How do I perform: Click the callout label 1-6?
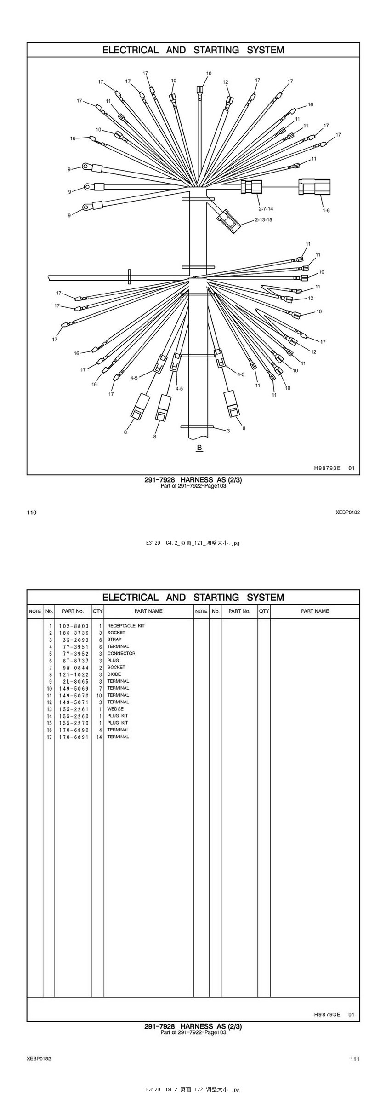tap(326, 210)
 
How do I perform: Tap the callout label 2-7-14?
tap(266, 209)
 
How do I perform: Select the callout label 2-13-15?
tap(263, 219)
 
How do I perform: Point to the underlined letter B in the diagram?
tap(199, 448)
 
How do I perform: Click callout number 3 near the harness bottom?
tap(228, 431)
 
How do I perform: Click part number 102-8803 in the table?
tap(74, 626)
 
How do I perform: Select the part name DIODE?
tap(114, 674)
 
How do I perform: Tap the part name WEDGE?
tap(115, 709)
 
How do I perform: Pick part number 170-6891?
tap(74, 737)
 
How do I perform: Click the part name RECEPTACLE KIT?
tap(126, 626)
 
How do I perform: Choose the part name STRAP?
tap(114, 639)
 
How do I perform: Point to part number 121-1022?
tap(74, 674)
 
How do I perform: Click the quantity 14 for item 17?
tap(99, 737)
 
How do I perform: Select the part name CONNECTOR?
tap(121, 653)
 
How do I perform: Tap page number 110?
tap(31, 512)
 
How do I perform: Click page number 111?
tap(355, 1059)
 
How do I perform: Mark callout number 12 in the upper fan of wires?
tap(226, 82)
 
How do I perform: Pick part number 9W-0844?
tap(74, 668)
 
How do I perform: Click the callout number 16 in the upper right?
tap(310, 104)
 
